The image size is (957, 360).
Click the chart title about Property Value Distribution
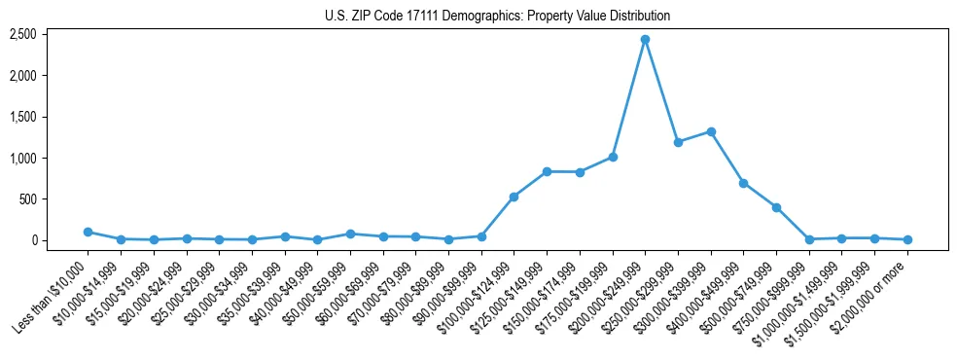497,16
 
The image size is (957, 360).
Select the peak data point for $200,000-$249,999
645,40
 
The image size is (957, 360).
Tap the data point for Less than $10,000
88,232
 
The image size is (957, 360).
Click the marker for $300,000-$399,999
711,131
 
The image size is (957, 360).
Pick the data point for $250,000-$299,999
678,142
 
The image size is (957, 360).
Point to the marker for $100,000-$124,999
514,197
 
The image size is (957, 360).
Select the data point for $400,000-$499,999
743,183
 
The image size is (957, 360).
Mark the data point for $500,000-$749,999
776,207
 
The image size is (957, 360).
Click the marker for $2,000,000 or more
907,239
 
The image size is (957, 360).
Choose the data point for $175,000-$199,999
613,157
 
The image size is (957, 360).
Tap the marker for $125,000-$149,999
547,171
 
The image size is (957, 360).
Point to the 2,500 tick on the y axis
22,34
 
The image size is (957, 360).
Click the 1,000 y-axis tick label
22,158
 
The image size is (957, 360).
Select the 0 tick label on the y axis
32,240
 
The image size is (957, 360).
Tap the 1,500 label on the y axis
22,117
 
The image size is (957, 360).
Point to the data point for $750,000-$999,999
809,238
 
